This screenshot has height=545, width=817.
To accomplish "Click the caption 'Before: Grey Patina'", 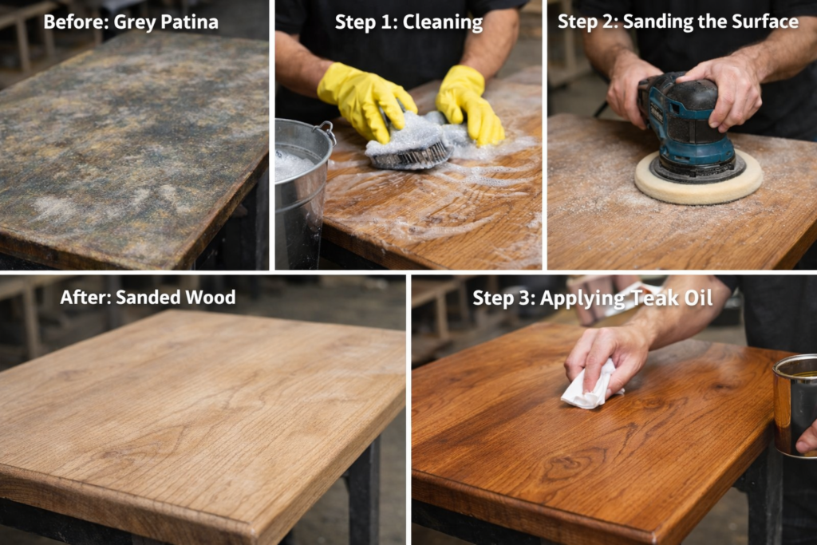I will tap(131, 22).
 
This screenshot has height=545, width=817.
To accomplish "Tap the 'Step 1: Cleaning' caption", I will tap(408, 22).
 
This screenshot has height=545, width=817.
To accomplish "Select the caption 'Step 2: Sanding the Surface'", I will tap(677, 22).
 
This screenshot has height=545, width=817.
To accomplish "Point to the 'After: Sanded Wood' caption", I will tap(148, 298).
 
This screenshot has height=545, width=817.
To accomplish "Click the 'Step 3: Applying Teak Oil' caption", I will tap(571, 298).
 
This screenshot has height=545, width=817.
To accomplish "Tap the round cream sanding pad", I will tap(698, 182).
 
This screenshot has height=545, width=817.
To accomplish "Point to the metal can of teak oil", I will tap(795, 403).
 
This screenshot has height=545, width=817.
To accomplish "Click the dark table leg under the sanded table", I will tap(364, 495).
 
